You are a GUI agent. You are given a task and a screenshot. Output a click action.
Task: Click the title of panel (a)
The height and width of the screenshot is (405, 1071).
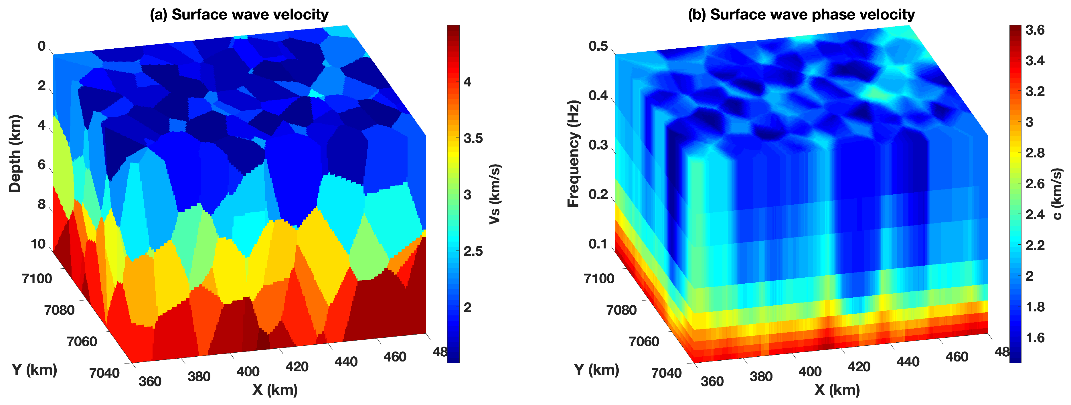coord(239,15)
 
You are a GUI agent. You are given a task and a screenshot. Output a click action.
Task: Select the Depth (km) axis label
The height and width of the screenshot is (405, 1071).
coord(15,154)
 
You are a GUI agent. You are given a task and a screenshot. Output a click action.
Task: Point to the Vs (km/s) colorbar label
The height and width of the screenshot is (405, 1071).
coord(495,194)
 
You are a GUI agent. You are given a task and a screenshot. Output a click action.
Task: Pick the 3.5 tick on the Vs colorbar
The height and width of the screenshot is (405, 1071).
coord(473,139)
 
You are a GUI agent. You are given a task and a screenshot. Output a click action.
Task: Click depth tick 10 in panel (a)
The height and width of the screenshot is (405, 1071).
coord(38,244)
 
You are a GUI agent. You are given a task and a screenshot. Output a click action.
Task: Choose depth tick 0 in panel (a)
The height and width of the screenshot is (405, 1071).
coord(42,46)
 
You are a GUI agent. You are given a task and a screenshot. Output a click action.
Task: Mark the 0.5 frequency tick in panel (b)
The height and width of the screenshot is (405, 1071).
coord(598,46)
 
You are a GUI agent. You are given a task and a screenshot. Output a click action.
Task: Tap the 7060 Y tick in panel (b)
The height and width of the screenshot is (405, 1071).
coord(644,342)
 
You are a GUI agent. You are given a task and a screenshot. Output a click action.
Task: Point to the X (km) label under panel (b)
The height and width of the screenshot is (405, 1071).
coord(837,390)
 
